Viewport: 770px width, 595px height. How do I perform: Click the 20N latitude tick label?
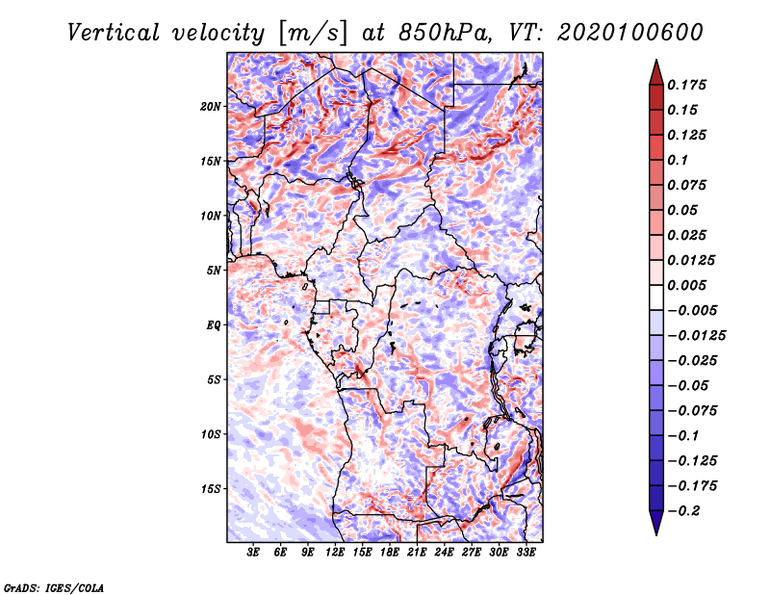[211, 107]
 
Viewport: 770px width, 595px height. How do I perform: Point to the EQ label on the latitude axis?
[213, 325]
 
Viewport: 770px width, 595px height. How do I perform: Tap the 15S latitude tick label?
[211, 489]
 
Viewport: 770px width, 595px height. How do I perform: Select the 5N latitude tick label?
[214, 271]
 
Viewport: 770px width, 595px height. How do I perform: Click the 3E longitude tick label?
[253, 552]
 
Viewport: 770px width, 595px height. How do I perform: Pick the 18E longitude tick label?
[390, 552]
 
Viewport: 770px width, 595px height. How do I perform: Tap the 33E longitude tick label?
[526, 552]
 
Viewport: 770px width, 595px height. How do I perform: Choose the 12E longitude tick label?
[335, 552]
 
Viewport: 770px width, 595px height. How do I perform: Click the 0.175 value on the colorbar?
[686, 85]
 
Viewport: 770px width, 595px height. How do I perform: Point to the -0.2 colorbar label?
[683, 511]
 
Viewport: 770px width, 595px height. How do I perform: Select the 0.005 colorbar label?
[686, 285]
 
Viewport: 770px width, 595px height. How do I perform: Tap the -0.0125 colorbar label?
[696, 336]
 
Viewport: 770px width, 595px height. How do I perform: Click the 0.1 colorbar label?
[678, 160]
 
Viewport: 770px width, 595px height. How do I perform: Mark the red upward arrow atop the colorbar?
[656, 72]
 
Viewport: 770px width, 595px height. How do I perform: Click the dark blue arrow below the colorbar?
[656, 523]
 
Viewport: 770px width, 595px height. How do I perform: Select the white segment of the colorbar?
[656, 297]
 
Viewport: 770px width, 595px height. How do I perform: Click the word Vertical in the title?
[114, 33]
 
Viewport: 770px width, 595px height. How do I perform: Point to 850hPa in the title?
[445, 33]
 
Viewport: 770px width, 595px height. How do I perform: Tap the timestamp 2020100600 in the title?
[630, 33]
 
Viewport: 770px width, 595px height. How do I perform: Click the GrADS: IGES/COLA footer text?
[54, 588]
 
